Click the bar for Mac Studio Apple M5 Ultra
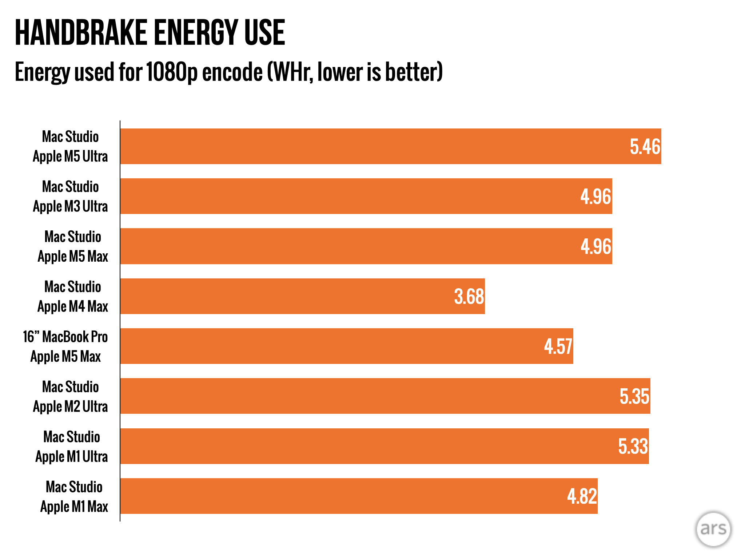[391, 146]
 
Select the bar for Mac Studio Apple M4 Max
[303, 296]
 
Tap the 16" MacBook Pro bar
[347, 346]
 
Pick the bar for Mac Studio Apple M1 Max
[359, 496]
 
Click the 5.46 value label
[645, 147]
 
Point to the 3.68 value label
[469, 297]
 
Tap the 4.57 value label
[558, 346]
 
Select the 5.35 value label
[634, 396]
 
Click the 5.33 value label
[633, 447]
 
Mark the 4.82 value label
[582, 496]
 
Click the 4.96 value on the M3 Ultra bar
[596, 197]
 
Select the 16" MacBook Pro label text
[65, 337]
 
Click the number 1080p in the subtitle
[172, 72]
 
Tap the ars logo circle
[713, 529]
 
